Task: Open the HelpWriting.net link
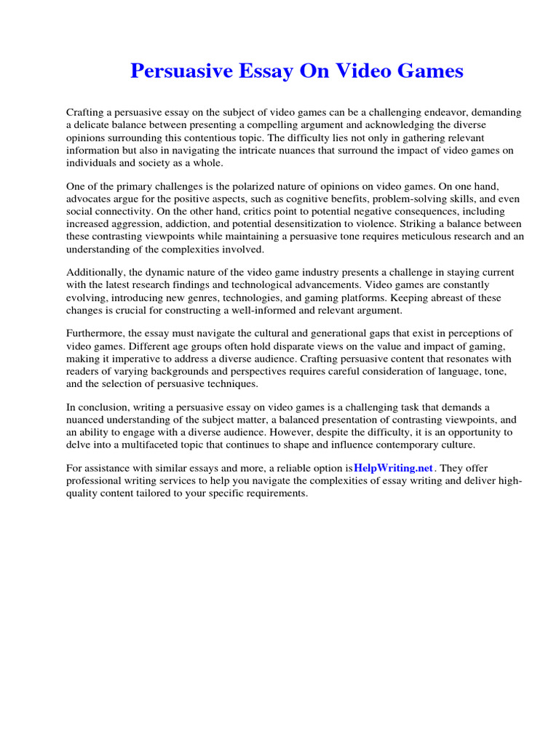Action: click(393, 467)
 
